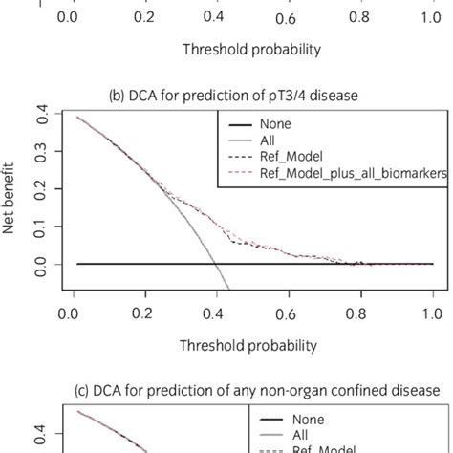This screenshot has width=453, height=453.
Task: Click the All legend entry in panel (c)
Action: [x=297, y=434]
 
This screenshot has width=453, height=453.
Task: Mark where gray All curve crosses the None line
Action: [x=214, y=264]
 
